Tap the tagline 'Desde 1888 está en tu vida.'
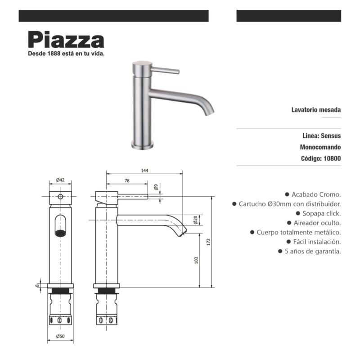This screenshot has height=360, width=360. coord(66,53)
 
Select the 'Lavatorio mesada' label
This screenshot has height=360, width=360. coord(316,110)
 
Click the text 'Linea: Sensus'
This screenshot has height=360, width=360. coord(321,135)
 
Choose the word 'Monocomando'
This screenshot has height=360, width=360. coord(320,147)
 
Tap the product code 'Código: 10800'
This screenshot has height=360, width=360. coord(320,158)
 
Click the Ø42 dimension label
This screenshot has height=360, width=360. coord(60,180)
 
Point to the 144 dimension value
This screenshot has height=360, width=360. coord(144,171)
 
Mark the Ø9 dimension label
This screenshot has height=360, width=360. coord(156,187)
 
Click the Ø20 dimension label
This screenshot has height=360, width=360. coord(195,220)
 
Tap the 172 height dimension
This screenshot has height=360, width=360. coord(208,242)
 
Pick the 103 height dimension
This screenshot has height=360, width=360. coord(196,260)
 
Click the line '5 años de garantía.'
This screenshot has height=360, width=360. coord(312,251)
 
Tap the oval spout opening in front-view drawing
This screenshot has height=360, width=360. coord(60,225)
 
